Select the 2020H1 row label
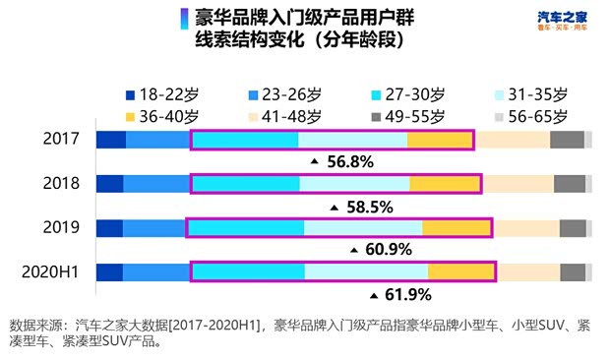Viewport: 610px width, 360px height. click(x=51, y=272)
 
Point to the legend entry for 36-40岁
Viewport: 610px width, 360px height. click(x=159, y=117)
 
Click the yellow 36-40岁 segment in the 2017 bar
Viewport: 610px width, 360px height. click(x=439, y=140)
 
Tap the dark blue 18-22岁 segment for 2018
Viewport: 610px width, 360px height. click(x=109, y=184)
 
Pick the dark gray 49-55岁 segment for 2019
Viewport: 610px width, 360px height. click(x=573, y=228)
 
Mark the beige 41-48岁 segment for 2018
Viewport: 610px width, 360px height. click(x=518, y=184)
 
